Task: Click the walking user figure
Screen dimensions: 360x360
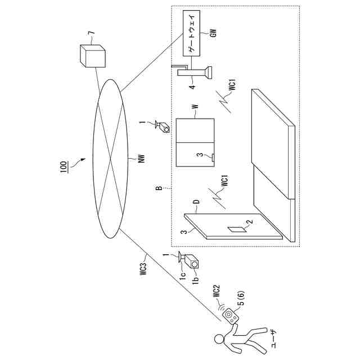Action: point(236,337)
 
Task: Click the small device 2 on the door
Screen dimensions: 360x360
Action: point(235,229)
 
